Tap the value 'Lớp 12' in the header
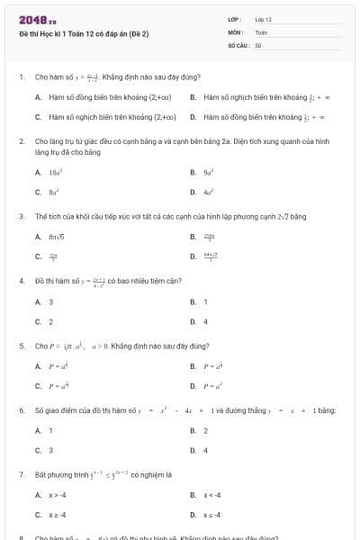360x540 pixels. click(264, 19)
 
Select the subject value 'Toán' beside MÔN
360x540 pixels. click(262, 31)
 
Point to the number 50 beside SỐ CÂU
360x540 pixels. click(258, 44)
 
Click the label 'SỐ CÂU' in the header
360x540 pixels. click(237, 44)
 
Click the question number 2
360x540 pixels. click(21, 142)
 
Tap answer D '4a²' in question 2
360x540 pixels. click(207, 192)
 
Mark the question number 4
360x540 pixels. click(21, 281)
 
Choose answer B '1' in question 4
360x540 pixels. click(205, 301)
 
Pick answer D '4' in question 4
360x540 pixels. click(205, 321)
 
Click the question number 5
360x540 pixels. click(21, 346)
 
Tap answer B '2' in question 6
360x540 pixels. click(205, 430)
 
